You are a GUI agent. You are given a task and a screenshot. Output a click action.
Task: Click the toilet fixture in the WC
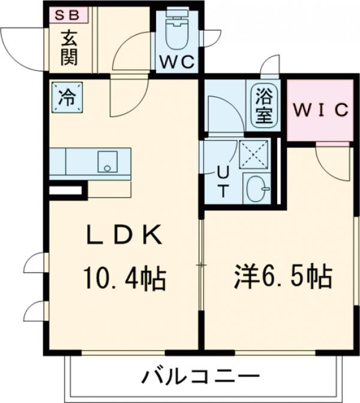click(177, 33)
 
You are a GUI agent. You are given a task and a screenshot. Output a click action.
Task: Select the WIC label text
click(319, 110)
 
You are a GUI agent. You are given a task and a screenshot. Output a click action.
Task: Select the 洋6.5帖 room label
click(281, 277)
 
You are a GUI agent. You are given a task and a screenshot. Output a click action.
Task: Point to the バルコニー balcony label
click(200, 378)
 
